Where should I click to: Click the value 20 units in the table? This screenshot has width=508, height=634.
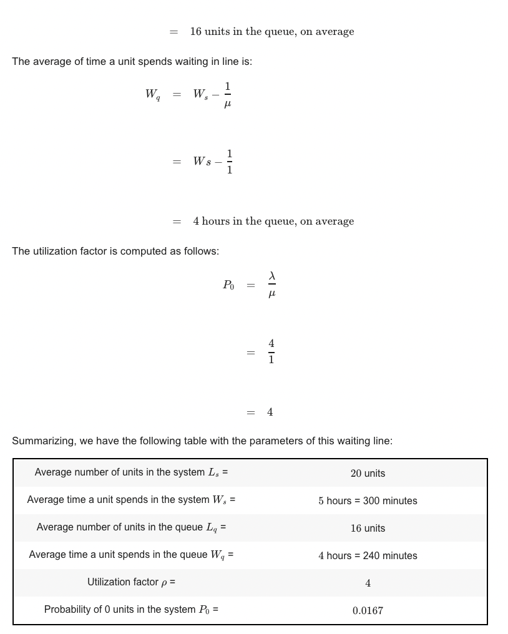pos(368,474)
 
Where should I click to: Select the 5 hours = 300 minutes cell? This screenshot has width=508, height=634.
pos(368,501)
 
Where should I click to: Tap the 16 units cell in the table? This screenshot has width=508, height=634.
pos(368,529)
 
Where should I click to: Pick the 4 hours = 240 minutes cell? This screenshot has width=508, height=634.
pos(368,556)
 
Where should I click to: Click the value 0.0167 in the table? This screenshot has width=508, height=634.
pos(368,611)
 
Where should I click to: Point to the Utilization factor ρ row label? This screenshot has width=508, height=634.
pos(131,582)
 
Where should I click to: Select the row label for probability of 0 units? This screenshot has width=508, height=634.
pos(131,610)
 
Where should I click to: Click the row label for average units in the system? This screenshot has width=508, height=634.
pos(131,472)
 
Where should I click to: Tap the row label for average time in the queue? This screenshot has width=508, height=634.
pos(131,555)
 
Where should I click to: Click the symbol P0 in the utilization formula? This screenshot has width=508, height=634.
pos(228,285)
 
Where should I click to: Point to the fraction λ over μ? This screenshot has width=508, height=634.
pos(271,285)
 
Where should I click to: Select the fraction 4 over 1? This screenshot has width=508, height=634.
pos(271,352)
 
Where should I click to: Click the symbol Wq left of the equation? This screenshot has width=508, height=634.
pos(152,94)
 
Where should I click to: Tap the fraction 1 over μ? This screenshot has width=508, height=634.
pos(227,95)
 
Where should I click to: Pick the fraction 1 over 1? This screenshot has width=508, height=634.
pos(229,162)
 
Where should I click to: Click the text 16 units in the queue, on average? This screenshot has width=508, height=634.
pos(271,32)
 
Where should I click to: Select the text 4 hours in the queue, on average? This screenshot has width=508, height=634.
pos(273,222)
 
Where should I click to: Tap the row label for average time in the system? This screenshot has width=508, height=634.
pos(131,500)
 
